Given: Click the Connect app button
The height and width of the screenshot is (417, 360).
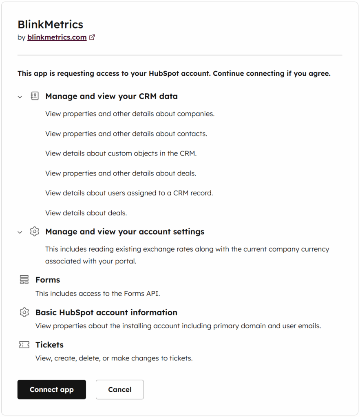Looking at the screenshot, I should pyautogui.click(x=51, y=389).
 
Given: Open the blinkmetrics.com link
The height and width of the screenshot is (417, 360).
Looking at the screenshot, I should pyautogui.click(x=57, y=37).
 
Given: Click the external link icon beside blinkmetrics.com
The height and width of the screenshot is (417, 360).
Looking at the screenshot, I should pyautogui.click(x=92, y=37).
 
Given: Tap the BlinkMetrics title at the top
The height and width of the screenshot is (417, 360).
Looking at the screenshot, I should pyautogui.click(x=50, y=24).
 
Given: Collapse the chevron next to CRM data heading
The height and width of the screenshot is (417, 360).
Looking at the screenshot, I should pyautogui.click(x=20, y=97).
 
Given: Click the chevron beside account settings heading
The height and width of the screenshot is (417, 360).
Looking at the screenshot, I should pyautogui.click(x=20, y=232).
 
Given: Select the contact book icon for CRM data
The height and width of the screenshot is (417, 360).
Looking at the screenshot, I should pyautogui.click(x=35, y=97).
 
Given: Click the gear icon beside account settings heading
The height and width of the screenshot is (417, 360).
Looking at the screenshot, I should pyautogui.click(x=35, y=232).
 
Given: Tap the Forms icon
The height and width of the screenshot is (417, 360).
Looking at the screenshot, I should pyautogui.click(x=24, y=280).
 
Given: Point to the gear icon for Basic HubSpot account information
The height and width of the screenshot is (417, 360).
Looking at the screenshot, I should pyautogui.click(x=24, y=312).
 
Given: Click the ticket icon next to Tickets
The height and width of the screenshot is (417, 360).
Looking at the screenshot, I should pyautogui.click(x=24, y=345).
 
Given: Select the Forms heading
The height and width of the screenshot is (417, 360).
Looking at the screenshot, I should pyautogui.click(x=48, y=280).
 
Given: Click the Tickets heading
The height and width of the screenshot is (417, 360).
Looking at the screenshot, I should pyautogui.click(x=49, y=345).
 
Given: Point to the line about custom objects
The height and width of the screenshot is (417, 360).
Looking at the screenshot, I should pyautogui.click(x=121, y=154).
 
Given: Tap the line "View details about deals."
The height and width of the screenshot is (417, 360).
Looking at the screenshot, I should pyautogui.click(x=86, y=213).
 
